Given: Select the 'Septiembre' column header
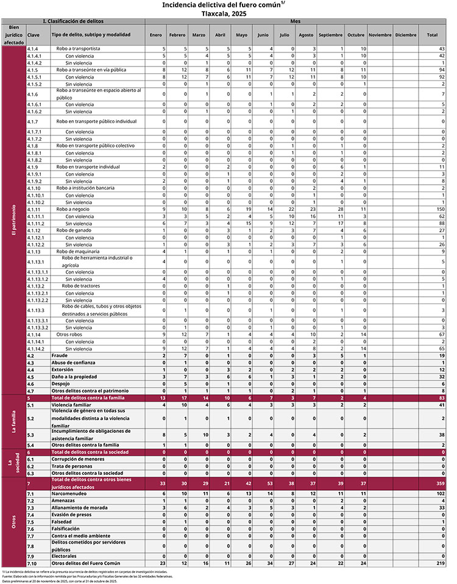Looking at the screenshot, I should [x=330, y=35].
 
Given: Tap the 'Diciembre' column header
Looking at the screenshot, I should [x=405, y=35].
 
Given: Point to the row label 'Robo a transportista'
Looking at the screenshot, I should [x=78, y=48].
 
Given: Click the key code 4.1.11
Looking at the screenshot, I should [x=34, y=209].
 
